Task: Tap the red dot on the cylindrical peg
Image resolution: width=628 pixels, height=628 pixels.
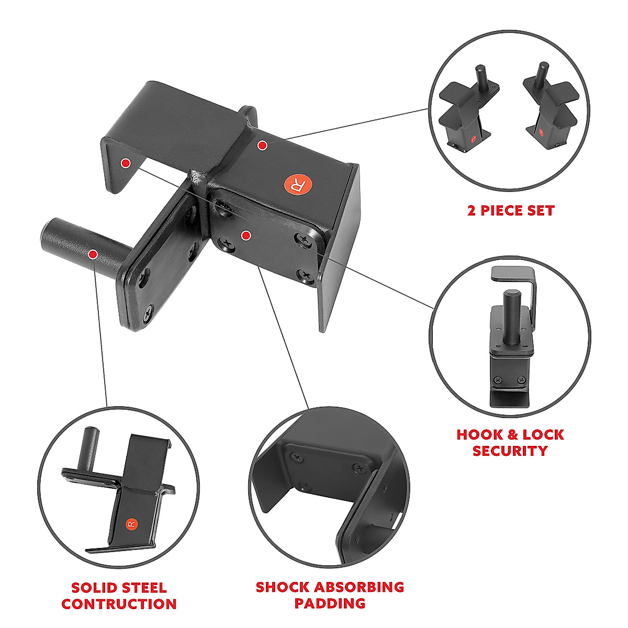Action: click(93, 255)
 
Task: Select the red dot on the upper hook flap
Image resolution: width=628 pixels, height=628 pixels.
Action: click(125, 163)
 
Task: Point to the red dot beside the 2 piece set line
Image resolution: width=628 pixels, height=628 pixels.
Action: click(263, 145)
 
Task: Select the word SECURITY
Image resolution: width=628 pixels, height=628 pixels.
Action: click(510, 451)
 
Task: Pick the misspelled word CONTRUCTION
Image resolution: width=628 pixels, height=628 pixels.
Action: click(119, 604)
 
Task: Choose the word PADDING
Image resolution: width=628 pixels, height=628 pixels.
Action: click(330, 603)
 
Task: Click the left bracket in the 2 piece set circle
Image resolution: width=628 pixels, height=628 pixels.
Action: click(468, 113)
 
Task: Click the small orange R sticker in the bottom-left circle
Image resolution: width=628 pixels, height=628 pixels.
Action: click(131, 524)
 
